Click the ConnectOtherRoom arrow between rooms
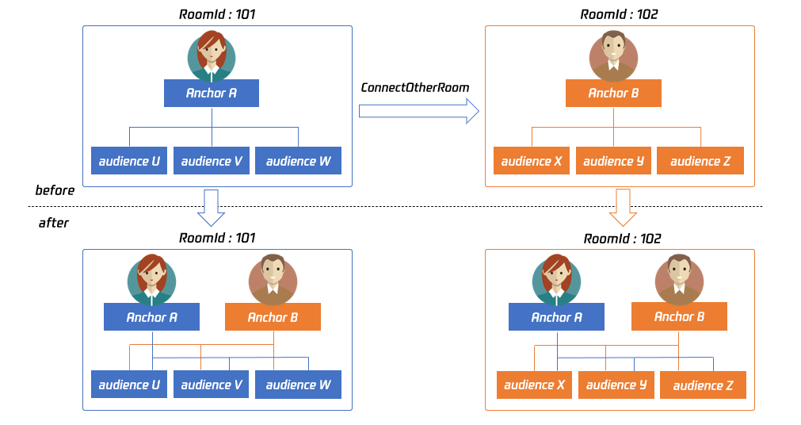(x=418, y=111)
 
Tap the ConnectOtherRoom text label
(x=415, y=87)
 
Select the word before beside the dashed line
(x=55, y=190)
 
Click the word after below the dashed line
(x=54, y=223)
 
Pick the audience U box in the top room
(x=129, y=161)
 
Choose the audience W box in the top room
(x=298, y=161)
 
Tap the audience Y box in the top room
(x=614, y=161)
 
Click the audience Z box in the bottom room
(x=703, y=385)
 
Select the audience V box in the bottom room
(x=212, y=385)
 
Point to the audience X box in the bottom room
(x=534, y=385)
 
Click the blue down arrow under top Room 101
(x=211, y=206)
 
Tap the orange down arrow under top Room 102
(x=624, y=206)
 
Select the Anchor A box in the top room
(x=212, y=94)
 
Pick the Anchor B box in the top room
(x=613, y=94)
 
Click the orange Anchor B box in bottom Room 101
(x=273, y=317)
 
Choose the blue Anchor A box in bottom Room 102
(x=556, y=317)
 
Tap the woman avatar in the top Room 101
(x=212, y=55)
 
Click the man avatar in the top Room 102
(x=613, y=55)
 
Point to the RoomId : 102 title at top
(x=620, y=14)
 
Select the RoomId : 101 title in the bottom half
(x=217, y=237)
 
